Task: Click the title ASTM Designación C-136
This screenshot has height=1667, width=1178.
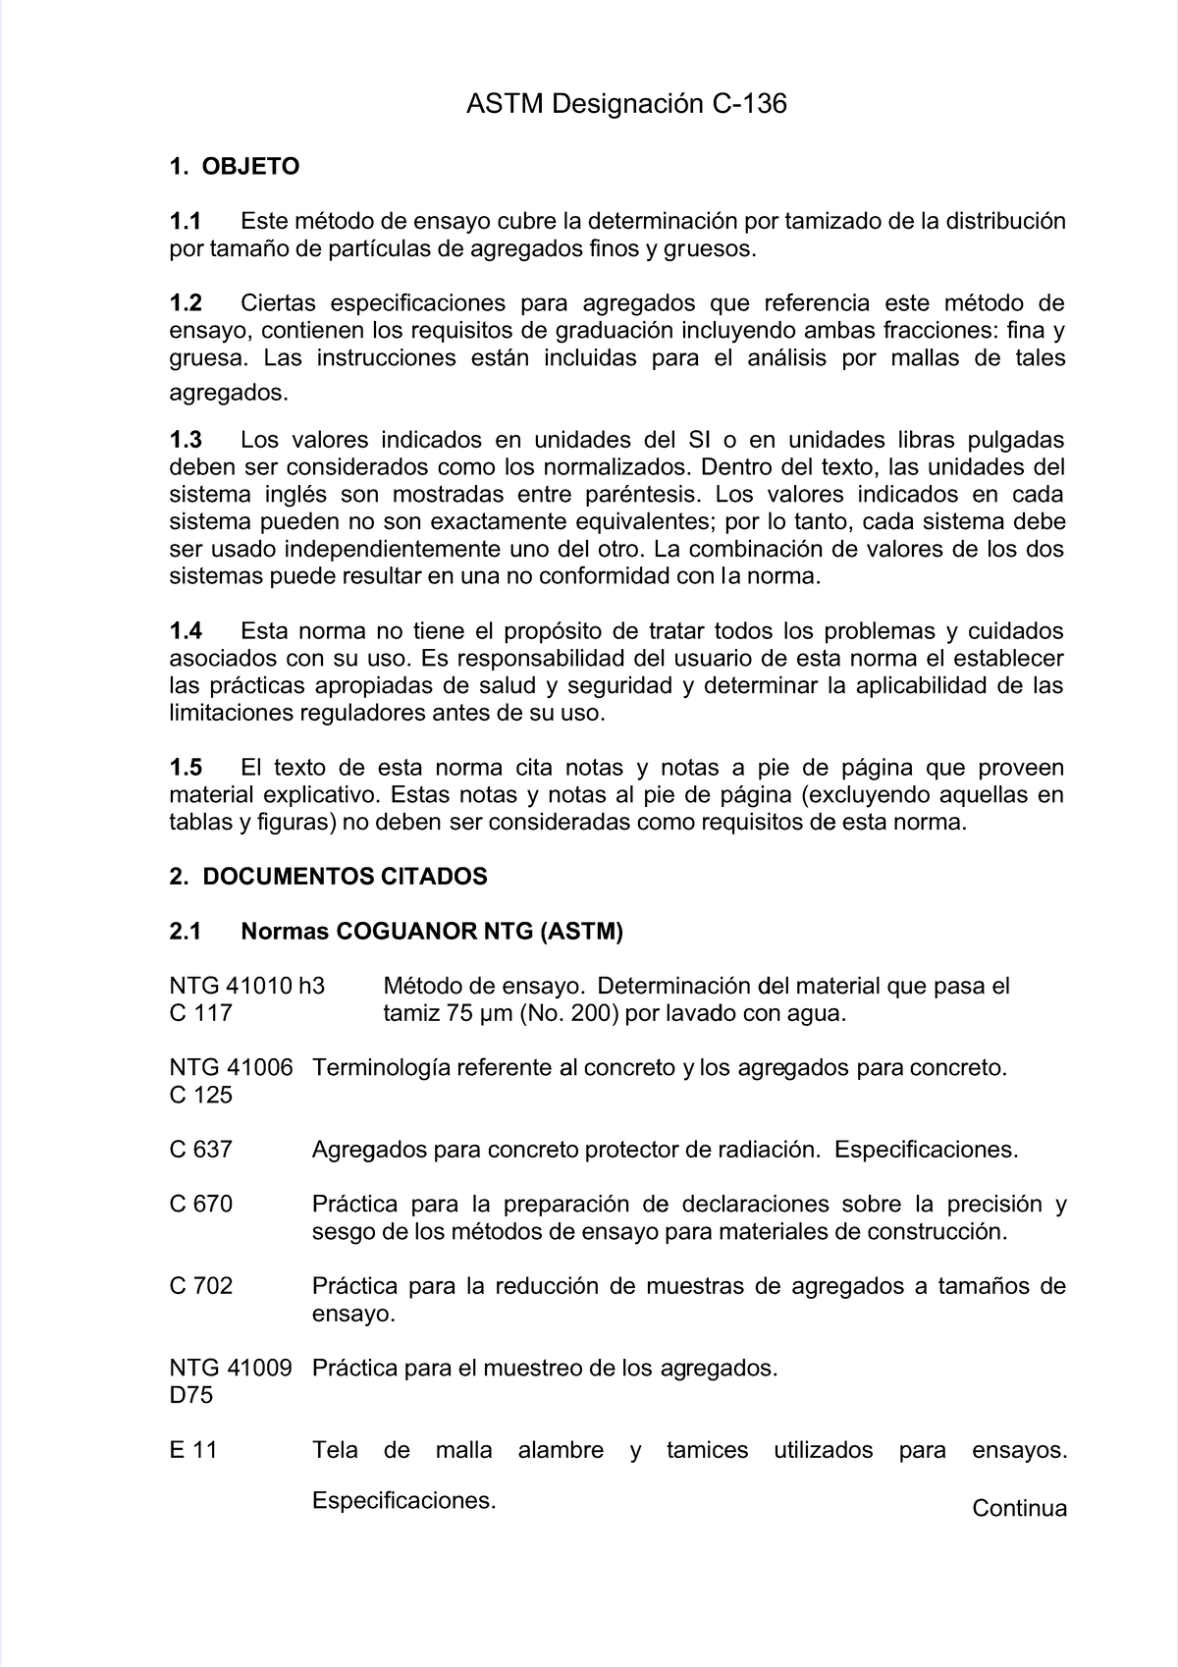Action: pyautogui.click(x=626, y=104)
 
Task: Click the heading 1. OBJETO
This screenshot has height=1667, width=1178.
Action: pyautogui.click(x=234, y=167)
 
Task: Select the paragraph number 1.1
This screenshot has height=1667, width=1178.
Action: pyautogui.click(x=186, y=221)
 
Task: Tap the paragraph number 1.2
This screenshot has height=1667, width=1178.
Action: pyautogui.click(x=186, y=302)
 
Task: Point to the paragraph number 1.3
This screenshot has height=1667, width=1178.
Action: pyautogui.click(x=186, y=439)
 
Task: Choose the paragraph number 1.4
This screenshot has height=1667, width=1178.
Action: pyautogui.click(x=186, y=630)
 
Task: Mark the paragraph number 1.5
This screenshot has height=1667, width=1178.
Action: pyautogui.click(x=186, y=767)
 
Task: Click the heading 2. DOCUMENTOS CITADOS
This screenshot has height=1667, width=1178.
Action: pyautogui.click(x=328, y=877)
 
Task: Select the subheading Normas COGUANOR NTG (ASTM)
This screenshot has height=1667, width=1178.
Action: pyautogui.click(x=432, y=932)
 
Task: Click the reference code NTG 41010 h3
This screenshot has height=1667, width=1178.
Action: pyautogui.click(x=246, y=986)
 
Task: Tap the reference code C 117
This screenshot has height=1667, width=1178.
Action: pyautogui.click(x=200, y=1013)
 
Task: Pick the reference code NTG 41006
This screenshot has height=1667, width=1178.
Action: pyautogui.click(x=231, y=1067)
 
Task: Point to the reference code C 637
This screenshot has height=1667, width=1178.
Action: pyautogui.click(x=200, y=1150)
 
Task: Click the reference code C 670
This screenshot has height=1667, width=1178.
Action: pyautogui.click(x=200, y=1204)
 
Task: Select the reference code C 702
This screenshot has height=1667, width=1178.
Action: pyautogui.click(x=200, y=1286)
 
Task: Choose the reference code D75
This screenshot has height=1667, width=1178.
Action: pyautogui.click(x=190, y=1395)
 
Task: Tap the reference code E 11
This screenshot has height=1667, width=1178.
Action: pyautogui.click(x=192, y=1450)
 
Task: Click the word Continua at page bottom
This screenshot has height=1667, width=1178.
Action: pyautogui.click(x=1019, y=1509)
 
